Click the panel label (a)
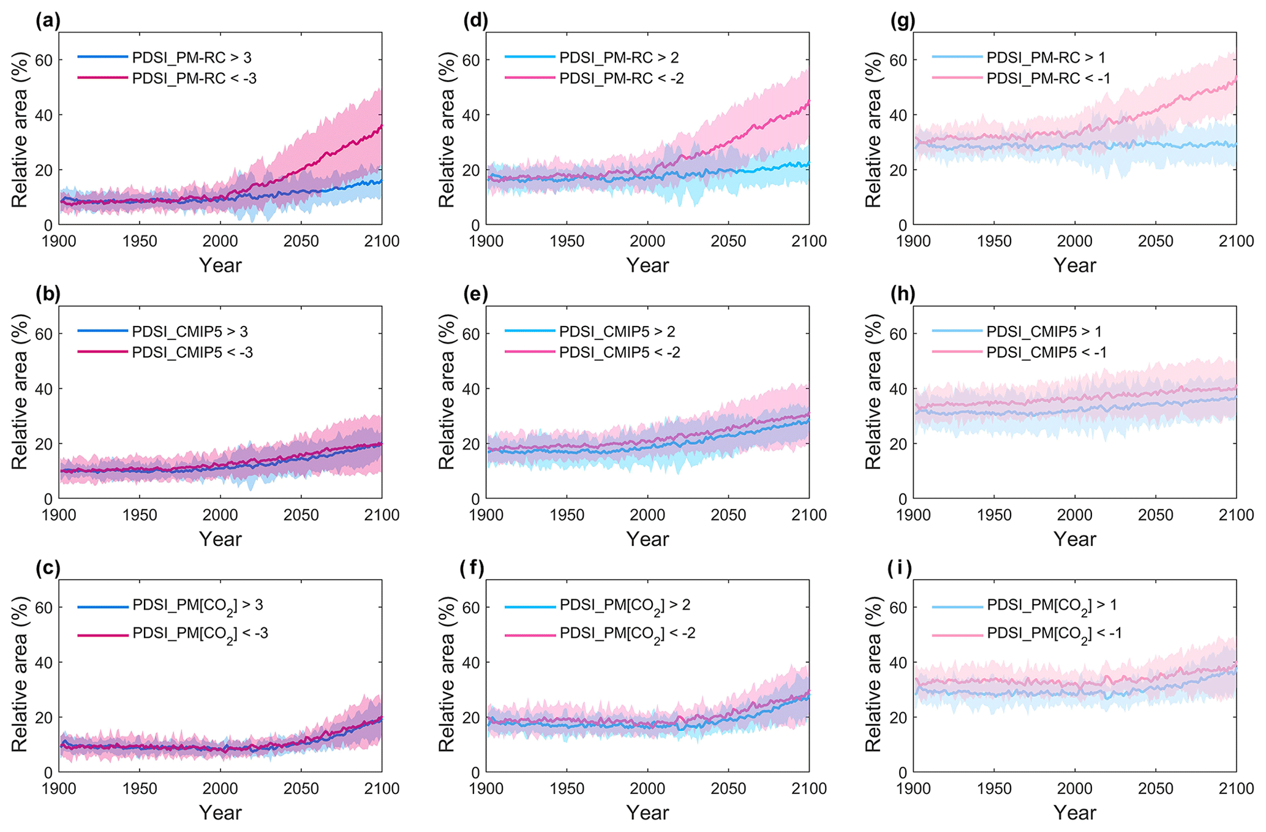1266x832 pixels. coord(48,21)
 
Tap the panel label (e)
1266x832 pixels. coord(475,295)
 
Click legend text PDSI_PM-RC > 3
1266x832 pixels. coord(192,58)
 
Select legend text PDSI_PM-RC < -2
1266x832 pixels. coord(621,78)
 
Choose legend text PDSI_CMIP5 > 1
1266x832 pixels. coord(1044,331)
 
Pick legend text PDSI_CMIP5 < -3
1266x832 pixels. coord(192,352)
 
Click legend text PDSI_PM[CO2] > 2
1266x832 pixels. coord(625,606)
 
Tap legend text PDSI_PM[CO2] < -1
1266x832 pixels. coord(1054,634)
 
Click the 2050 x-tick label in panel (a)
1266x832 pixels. coord(301,241)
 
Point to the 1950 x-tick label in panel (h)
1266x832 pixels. coord(993,515)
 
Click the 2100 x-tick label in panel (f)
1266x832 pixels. coord(809,789)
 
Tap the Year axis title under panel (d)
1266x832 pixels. coord(647,265)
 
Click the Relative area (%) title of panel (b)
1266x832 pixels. coord(20,392)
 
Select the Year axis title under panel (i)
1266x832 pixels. coord(1074,813)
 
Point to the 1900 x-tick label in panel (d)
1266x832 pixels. coord(486,241)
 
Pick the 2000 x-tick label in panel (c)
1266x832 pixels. coord(220,789)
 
